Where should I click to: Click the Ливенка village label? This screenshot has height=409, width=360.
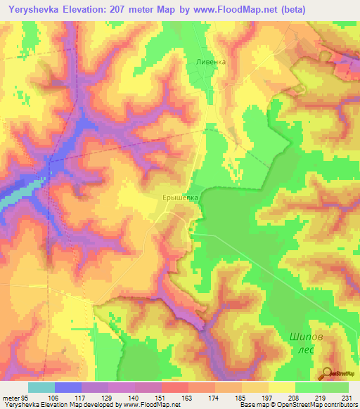pos(211,62)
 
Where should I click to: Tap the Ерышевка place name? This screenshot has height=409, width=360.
pos(182,199)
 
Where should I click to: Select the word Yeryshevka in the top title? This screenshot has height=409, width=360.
pos(32,8)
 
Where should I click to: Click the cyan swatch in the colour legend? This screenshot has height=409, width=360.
pos(41,387)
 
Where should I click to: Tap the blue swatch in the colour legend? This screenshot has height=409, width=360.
pos(68,387)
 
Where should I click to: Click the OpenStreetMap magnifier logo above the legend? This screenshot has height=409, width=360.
pos(328,373)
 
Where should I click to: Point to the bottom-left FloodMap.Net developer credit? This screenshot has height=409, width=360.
pos(91,405)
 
